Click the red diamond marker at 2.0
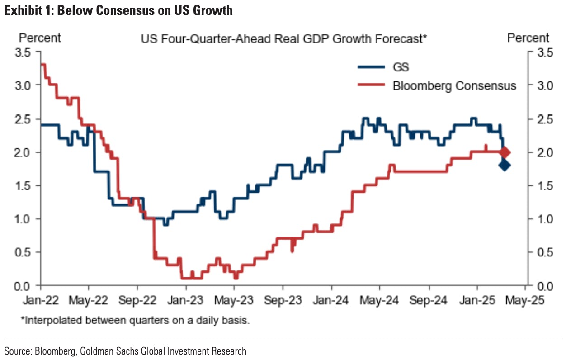pos(505,152)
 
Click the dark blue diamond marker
pos(505,165)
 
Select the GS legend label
pos(401,67)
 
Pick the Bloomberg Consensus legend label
pos(454,85)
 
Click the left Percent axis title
pos(40,38)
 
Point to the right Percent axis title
pos(528,38)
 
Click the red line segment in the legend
pos(371,85)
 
